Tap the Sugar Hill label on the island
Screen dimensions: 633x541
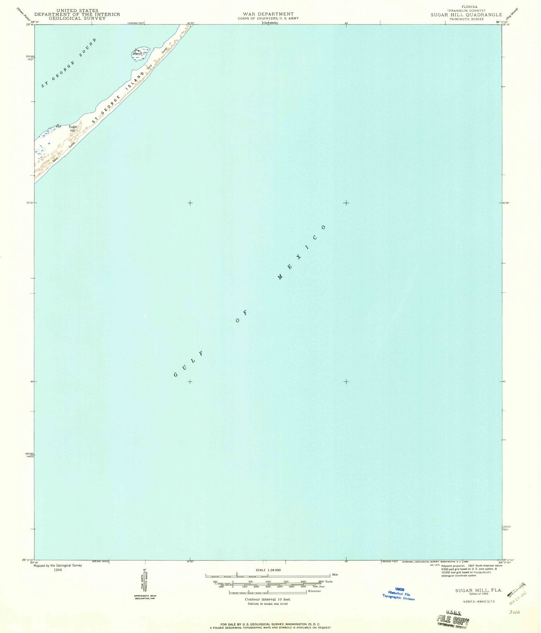click(73, 128)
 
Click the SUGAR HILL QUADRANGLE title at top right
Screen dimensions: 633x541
click(466, 15)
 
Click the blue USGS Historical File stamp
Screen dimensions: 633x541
click(399, 594)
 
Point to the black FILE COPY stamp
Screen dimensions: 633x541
click(453, 620)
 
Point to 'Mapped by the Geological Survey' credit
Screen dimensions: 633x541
click(58, 565)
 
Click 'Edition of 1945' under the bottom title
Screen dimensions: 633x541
click(478, 594)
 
